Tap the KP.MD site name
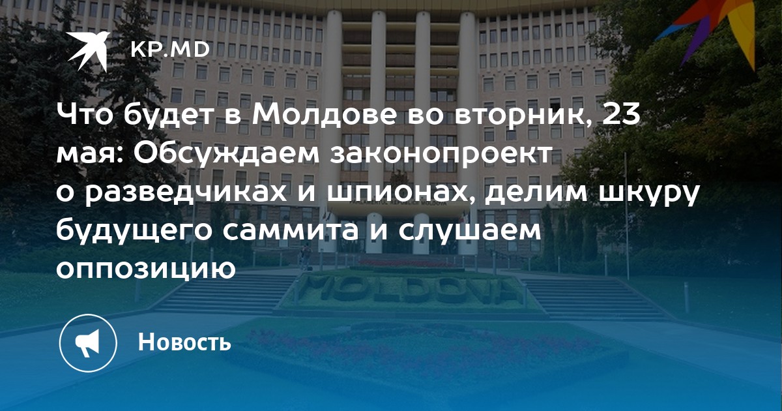pos(170,50)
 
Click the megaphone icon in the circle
pos(88,343)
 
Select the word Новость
pos(184,341)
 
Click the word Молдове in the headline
pos(325,115)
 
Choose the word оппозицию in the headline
pos(146,269)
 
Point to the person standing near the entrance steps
pos(306,257)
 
